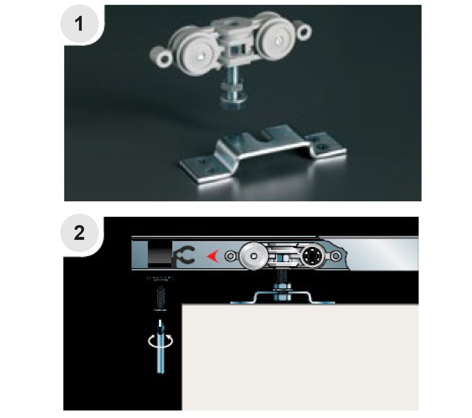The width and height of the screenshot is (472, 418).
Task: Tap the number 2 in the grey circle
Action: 79,233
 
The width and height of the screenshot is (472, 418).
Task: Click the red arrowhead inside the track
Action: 213,256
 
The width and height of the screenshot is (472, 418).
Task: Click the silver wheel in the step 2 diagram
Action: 253,256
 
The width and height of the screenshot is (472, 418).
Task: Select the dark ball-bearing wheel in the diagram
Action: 313,256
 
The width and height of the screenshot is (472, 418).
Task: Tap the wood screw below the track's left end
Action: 161,298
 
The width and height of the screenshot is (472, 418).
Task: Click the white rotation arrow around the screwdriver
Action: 161,341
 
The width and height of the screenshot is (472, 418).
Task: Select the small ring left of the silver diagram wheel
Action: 230,256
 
